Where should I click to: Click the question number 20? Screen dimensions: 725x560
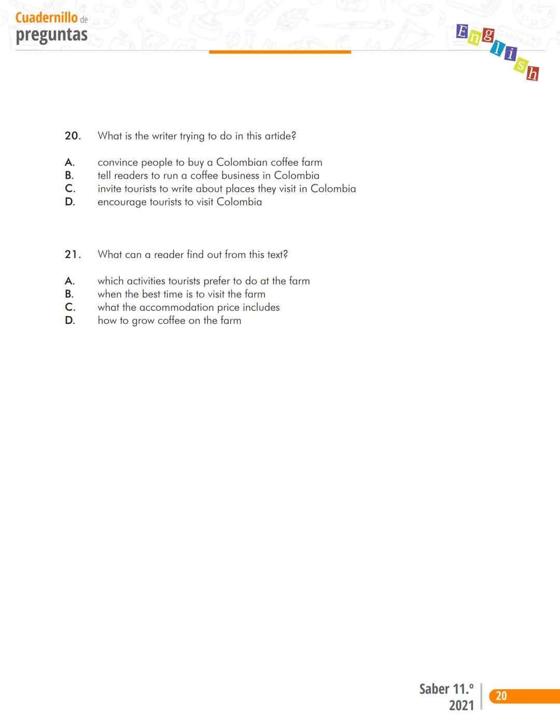coord(73,136)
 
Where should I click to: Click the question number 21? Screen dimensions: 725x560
coord(73,254)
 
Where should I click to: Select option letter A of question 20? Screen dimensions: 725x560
coord(69,162)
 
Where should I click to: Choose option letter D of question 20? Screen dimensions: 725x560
coord(70,202)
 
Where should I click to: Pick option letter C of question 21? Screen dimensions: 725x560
coord(70,307)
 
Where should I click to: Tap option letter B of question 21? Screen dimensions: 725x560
coord(69,294)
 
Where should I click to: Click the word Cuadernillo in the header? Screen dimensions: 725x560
coord(47,18)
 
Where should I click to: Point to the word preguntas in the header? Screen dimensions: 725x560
coord(51,35)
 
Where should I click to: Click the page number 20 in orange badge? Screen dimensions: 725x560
coord(501,696)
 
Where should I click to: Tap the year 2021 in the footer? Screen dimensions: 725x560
coord(461,705)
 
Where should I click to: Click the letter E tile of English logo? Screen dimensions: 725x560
coord(462,32)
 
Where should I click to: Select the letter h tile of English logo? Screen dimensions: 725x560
coord(532,74)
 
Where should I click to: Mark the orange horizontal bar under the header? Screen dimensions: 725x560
coord(280,52)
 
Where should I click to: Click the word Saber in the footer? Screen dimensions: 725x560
coord(435,689)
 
